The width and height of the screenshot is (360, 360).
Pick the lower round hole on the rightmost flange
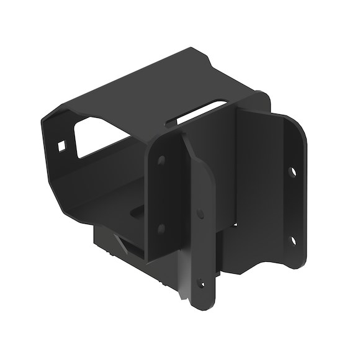pyautogui.click(x=292, y=238)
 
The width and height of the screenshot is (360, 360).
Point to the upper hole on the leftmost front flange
pyautogui.click(x=161, y=161)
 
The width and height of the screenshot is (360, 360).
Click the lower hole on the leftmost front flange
pyautogui.click(x=161, y=228)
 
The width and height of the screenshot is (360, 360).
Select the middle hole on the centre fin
pyautogui.click(x=200, y=214)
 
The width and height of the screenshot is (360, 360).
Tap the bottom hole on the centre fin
pyautogui.click(x=200, y=284)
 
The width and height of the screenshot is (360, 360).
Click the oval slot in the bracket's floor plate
pyautogui.click(x=133, y=215)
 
